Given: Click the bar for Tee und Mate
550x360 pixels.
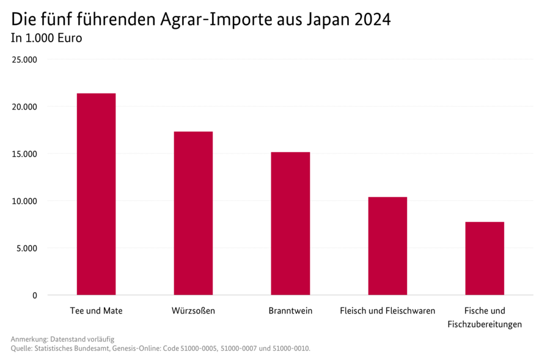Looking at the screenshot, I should (96, 194).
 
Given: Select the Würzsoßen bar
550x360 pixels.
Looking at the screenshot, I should (193, 213).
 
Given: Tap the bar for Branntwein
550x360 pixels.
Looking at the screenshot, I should (290, 223).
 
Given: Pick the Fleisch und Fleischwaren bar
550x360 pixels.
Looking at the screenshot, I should (387, 246).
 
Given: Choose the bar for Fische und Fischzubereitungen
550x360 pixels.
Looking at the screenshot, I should (485, 258).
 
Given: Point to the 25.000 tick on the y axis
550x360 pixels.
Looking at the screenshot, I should (26, 60).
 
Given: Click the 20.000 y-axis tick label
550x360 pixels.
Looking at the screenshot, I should (26, 107).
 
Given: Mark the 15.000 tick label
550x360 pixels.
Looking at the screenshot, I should (26, 154).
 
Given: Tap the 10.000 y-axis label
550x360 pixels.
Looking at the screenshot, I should (26, 201).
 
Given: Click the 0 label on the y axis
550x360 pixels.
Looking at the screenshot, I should (34, 296).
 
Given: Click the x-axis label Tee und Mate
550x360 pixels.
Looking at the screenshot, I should (96, 310).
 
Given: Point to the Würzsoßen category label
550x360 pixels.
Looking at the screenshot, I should (193, 310).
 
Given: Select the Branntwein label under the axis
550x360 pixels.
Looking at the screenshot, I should (290, 310).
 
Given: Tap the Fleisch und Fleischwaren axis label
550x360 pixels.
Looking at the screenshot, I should (387, 310).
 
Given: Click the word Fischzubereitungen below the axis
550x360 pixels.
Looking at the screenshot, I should (485, 325).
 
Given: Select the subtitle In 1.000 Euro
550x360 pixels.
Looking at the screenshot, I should (46, 38).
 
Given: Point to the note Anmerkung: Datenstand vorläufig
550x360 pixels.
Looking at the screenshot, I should (62, 339).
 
